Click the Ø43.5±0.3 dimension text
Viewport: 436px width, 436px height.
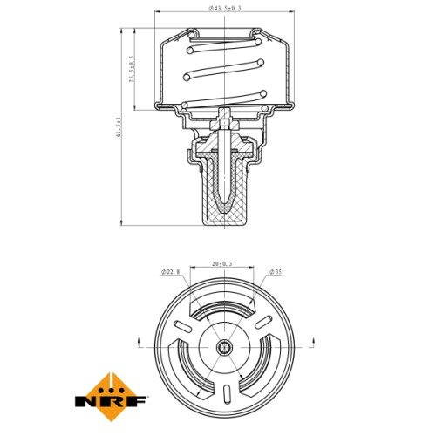click(225, 8)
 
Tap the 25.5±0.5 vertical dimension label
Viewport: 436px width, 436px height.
click(132, 69)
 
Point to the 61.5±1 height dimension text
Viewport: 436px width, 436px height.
click(118, 127)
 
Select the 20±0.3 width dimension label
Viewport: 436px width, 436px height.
click(222, 264)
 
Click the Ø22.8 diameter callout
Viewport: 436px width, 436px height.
click(171, 272)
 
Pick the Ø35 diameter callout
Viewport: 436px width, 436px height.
click(276, 272)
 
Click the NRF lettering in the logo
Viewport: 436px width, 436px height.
click(111, 401)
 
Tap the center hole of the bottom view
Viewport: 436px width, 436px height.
click(224, 347)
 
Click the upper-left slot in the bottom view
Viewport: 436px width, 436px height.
click(183, 326)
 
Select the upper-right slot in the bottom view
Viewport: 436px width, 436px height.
click(263, 322)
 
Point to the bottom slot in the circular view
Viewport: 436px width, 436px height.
click(227, 394)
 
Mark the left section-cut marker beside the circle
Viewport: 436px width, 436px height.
click(140, 343)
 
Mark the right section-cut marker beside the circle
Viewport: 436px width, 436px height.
click(313, 343)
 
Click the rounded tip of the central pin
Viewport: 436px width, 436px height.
click(224, 201)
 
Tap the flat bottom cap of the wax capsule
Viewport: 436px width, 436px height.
click(225, 222)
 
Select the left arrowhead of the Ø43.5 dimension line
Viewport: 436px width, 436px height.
click(157, 11)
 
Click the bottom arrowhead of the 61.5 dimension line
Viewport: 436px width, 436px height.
click(121, 222)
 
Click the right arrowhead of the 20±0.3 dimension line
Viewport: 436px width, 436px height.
click(251, 267)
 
